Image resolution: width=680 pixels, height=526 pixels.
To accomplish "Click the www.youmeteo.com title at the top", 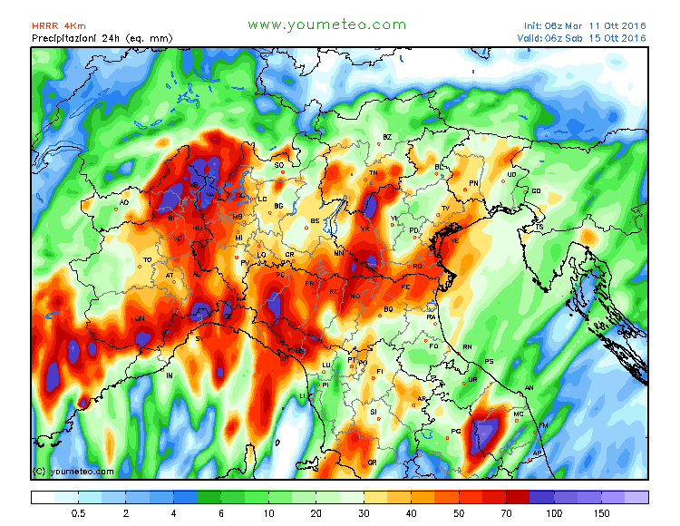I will pyautogui.click(x=326, y=24).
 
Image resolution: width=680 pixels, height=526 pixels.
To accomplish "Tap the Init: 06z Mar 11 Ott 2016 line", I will pyautogui.click(x=585, y=25).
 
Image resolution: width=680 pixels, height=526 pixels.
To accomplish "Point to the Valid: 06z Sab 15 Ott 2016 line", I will pyautogui.click(x=585, y=38).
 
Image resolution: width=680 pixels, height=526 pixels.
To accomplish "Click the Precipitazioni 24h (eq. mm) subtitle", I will pyautogui.click(x=102, y=38).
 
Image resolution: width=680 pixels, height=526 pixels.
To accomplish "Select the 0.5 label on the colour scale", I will pyautogui.click(x=79, y=512).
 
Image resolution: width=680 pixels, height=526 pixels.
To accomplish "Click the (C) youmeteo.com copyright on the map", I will pyautogui.click(x=73, y=472).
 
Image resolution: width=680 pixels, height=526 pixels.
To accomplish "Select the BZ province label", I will pyautogui.click(x=387, y=137).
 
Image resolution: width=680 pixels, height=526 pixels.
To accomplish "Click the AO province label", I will pyautogui.click(x=124, y=203).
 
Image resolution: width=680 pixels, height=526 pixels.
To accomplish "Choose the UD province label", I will pyautogui.click(x=511, y=174).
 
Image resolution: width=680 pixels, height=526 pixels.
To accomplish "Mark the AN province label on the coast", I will pyautogui.click(x=529, y=387).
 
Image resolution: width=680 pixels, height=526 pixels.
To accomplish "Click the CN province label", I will pyautogui.click(x=140, y=318).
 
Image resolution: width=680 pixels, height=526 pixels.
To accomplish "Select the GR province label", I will pyautogui.click(x=372, y=463).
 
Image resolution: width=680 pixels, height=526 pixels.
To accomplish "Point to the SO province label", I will pyautogui.click(x=279, y=165).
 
